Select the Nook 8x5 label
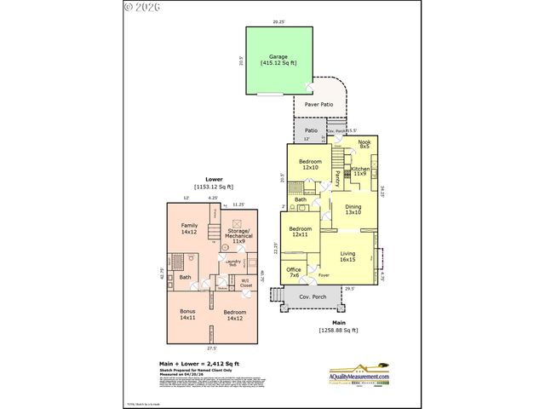(x=364, y=144)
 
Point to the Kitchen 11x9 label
(x=360, y=171)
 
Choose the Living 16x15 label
(x=348, y=256)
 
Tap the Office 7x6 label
(x=294, y=273)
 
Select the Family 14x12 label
(x=188, y=228)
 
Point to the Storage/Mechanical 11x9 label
(x=238, y=236)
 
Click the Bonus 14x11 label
(x=187, y=314)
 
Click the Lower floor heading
(x=214, y=180)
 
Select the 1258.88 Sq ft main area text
(x=339, y=330)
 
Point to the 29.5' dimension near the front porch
(x=349, y=289)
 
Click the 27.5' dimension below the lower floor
(x=212, y=348)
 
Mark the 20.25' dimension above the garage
(x=278, y=21)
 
